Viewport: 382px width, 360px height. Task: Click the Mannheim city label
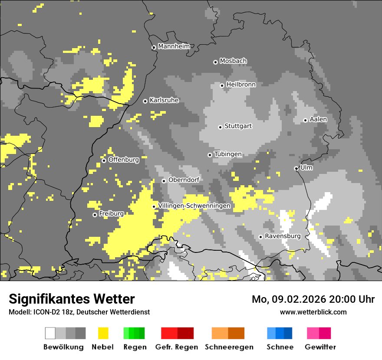(x=174, y=46)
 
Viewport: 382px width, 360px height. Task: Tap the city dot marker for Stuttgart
(x=221, y=127)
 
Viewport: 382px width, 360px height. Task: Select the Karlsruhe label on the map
(x=164, y=100)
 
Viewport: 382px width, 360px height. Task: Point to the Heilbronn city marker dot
(x=222, y=85)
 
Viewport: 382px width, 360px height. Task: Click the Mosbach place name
(x=233, y=61)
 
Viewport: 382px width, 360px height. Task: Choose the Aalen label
(x=318, y=119)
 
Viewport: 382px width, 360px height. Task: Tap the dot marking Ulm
(x=296, y=168)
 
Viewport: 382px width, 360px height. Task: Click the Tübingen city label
(x=228, y=154)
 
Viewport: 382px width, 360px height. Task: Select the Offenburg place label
(x=123, y=160)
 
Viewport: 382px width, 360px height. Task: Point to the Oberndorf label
(x=184, y=180)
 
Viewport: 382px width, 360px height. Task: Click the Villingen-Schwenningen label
(x=194, y=206)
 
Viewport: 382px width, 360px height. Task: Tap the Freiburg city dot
(x=95, y=215)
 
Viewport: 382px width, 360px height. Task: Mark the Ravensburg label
(x=283, y=236)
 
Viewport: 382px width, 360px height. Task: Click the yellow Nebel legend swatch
(x=103, y=333)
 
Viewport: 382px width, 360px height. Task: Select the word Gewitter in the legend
(x=320, y=347)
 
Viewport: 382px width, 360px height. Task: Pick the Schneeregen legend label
(x=229, y=347)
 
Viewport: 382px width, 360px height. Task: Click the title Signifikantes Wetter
(x=72, y=299)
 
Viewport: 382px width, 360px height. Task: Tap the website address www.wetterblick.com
(x=313, y=312)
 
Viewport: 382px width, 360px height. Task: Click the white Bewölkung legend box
(x=50, y=333)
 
